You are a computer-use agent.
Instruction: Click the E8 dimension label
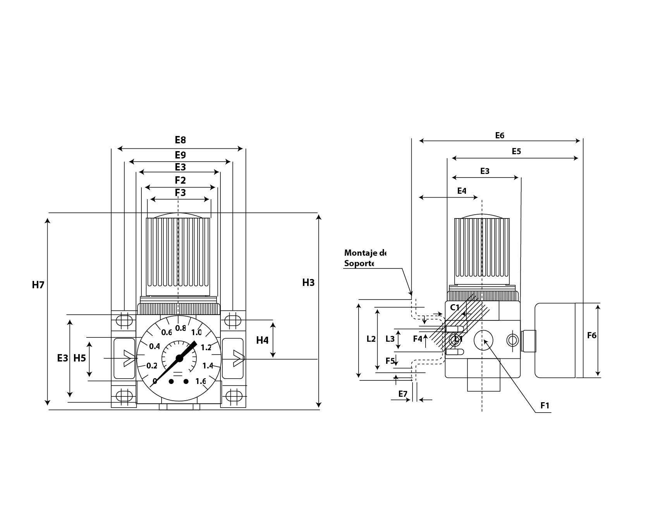pos(180,140)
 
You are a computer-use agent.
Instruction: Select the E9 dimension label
pos(180,155)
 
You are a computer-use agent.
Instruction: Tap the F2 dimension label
pos(180,180)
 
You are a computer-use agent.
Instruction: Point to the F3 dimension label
pos(180,193)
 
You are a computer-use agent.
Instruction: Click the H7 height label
pos(38,285)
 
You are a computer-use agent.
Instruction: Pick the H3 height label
pos(308,283)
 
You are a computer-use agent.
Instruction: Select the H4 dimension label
pos(262,340)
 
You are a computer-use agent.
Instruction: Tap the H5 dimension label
pos(80,358)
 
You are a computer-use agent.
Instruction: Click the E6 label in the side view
pos(500,135)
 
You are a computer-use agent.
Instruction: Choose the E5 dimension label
pos(516,151)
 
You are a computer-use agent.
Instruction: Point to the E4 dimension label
pos(462,191)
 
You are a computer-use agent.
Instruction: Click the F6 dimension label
pos(591,336)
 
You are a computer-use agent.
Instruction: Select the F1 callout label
pos(545,406)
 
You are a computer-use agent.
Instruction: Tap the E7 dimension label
pos(403,394)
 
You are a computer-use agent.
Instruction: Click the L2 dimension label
pos(371,339)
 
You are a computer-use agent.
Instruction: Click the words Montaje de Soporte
pos(365,258)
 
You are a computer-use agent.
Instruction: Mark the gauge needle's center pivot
pos(179,358)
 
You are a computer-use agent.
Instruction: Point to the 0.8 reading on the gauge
pos(180,328)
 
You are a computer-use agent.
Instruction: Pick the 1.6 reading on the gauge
pos(201,381)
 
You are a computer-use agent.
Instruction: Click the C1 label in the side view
pos(455,308)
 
